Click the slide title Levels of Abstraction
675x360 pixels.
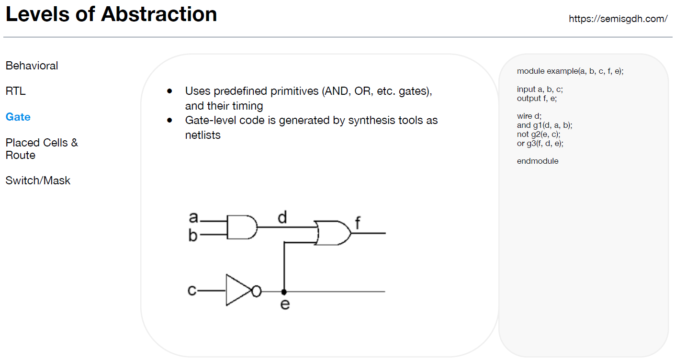pyautogui.click(x=111, y=14)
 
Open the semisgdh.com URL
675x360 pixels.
pyautogui.click(x=618, y=19)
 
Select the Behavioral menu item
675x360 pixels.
pyautogui.click(x=32, y=66)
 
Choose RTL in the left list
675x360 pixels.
pyautogui.click(x=16, y=91)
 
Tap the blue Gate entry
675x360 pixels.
pyautogui.click(x=18, y=117)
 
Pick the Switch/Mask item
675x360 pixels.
pyautogui.click(x=38, y=180)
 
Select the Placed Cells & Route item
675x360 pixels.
pyautogui.click(x=42, y=148)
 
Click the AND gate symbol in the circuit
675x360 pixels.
pyautogui.click(x=241, y=227)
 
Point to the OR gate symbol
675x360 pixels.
pyautogui.click(x=333, y=233)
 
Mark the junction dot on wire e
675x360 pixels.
pyautogui.click(x=284, y=292)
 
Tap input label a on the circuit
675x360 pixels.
pyautogui.click(x=193, y=218)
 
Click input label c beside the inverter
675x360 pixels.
pyautogui.click(x=192, y=290)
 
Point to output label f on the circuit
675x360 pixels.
pyautogui.click(x=357, y=223)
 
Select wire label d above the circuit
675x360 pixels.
pyautogui.click(x=282, y=218)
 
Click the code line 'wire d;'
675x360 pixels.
pyautogui.click(x=529, y=116)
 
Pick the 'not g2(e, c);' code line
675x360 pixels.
pyautogui.click(x=539, y=134)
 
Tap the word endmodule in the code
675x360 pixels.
pyautogui.click(x=538, y=161)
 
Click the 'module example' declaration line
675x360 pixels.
pyautogui.click(x=570, y=71)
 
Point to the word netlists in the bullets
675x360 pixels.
pyautogui.click(x=203, y=135)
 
